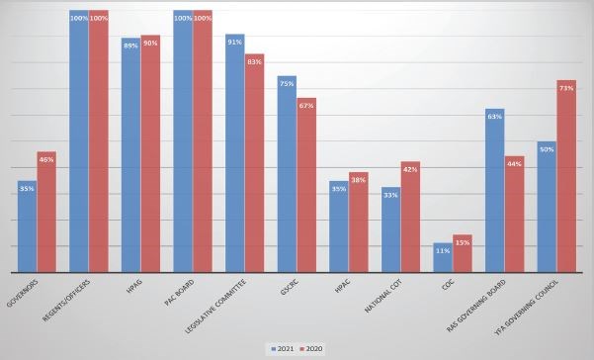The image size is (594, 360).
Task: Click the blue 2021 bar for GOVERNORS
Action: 27,227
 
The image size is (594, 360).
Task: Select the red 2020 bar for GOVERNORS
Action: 46,213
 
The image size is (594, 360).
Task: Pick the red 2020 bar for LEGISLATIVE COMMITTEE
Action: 254,163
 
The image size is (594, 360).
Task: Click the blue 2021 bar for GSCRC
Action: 286,174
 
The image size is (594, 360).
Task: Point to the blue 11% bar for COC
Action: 442,257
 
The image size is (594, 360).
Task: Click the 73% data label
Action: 566,88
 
